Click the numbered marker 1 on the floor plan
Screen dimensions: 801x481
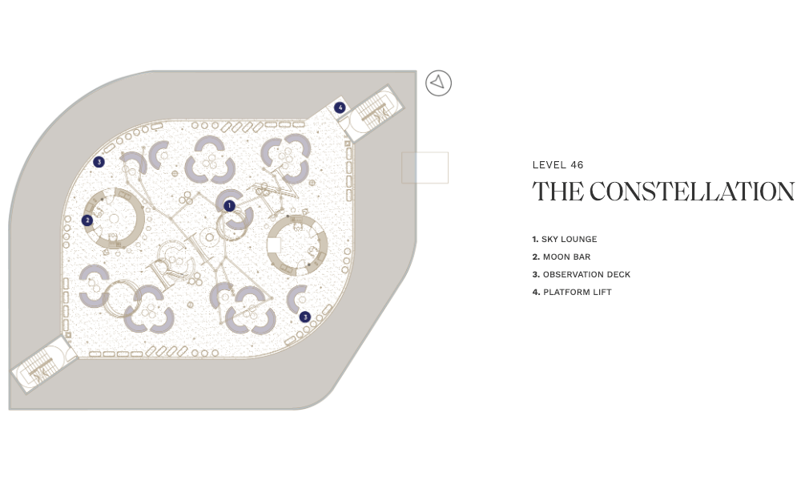tap(229, 205)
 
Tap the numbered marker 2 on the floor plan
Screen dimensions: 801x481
tap(87, 220)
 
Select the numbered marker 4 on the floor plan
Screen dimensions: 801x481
tap(340, 107)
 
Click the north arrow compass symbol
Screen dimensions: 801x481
tap(438, 83)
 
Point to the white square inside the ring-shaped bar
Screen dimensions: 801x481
tap(274, 245)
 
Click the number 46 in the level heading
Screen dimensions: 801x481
tap(577, 165)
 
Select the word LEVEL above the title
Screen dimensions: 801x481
tap(549, 165)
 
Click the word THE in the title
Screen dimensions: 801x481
tap(557, 192)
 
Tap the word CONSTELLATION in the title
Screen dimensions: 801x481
tap(692, 192)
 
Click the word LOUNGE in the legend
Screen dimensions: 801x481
tap(579, 239)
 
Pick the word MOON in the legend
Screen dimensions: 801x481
tap(554, 257)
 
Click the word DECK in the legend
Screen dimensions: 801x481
tap(619, 274)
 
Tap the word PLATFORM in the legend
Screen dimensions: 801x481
tap(565, 293)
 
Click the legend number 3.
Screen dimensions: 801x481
tap(535, 274)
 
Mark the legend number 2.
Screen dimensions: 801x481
tap(535, 257)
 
